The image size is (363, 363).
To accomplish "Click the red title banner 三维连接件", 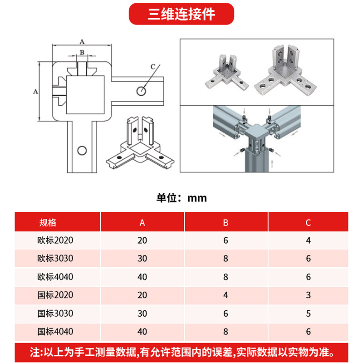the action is pos(181,14).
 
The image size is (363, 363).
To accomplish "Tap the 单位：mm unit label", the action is pos(181,198).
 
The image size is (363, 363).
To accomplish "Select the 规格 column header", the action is pos(48,222).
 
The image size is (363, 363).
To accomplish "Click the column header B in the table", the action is pos(226,223).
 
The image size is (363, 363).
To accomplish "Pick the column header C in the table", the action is pos(308,223).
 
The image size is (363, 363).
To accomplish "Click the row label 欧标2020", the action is pos(55,240).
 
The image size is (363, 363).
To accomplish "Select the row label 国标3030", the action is pos(55,313).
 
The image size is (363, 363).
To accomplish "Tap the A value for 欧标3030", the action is pos(142,258).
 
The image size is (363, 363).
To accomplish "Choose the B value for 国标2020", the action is pos(226,295).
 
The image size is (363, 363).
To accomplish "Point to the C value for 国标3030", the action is pos(309,314).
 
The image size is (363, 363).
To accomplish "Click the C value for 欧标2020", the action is pos(309,240).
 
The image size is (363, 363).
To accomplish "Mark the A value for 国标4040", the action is pos(142,332).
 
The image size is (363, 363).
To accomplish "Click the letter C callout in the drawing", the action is pos(153,67).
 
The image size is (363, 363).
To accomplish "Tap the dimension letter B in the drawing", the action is pos(82,52).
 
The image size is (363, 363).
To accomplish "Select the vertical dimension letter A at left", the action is pos(35,92).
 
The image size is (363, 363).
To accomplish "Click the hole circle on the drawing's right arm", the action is pos(141,91).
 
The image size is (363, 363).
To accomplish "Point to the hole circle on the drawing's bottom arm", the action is pos(82,151).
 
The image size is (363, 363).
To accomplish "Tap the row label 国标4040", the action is pos(55,332).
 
